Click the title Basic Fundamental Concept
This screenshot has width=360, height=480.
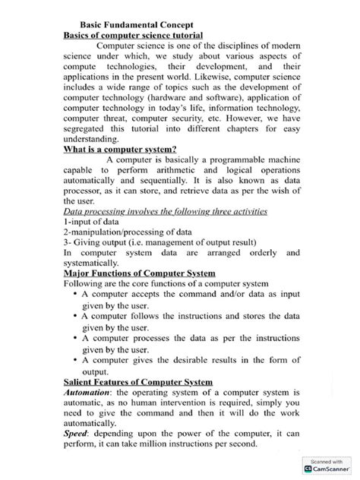(x=137, y=24)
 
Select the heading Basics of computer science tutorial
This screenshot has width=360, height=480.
(x=133, y=36)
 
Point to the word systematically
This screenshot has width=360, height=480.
(x=98, y=261)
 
